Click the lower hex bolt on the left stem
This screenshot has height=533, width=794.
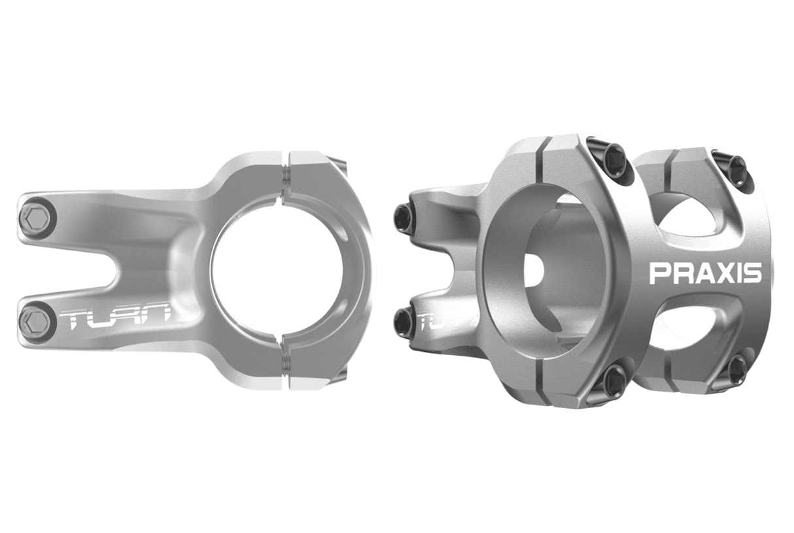35,322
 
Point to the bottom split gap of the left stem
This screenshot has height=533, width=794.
285,366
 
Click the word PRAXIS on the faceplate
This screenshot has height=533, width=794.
705,273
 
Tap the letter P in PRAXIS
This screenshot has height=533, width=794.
659,273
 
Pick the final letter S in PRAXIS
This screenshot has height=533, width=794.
753,273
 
